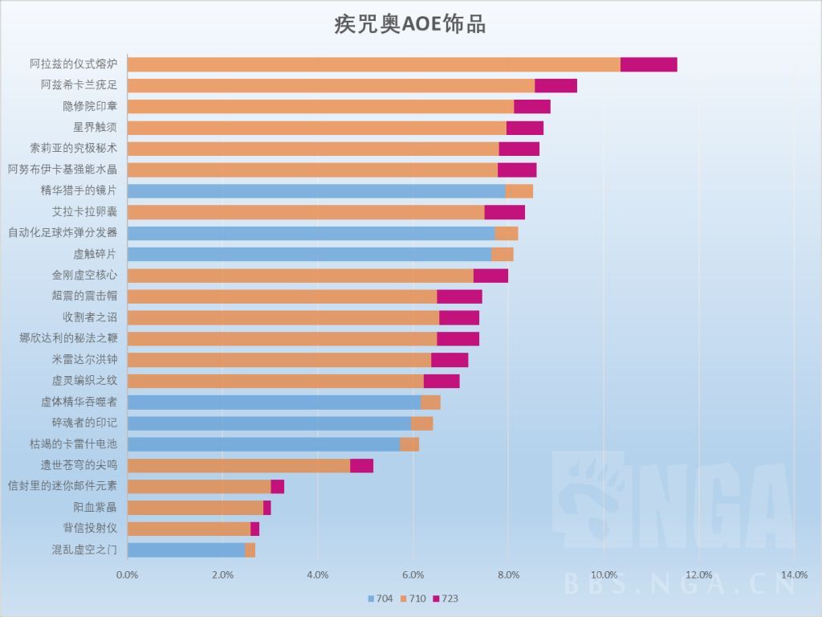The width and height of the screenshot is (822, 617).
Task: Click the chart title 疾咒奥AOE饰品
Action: (x=410, y=23)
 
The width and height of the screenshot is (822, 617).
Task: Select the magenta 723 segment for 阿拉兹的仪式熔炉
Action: (x=649, y=65)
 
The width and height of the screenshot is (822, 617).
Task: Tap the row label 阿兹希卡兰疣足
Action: (x=79, y=86)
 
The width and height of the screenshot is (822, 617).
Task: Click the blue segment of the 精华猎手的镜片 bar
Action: (x=316, y=190)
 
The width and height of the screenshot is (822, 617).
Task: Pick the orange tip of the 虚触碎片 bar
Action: (x=503, y=254)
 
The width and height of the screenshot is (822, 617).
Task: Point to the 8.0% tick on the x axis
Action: (x=509, y=574)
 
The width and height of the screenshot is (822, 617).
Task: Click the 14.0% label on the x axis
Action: (x=794, y=574)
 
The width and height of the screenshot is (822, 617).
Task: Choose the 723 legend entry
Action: (x=444, y=599)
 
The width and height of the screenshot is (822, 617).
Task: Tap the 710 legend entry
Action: (x=413, y=599)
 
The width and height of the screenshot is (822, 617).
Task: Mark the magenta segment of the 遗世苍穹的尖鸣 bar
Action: (x=361, y=465)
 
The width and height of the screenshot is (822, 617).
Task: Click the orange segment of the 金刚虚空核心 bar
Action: (x=300, y=275)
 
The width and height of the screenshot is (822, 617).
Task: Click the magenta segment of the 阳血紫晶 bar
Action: (x=267, y=508)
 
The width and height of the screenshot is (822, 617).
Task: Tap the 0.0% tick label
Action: (x=127, y=574)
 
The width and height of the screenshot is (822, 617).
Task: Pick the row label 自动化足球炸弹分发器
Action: (x=63, y=232)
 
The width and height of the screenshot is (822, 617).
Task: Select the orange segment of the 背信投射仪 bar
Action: (x=189, y=529)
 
